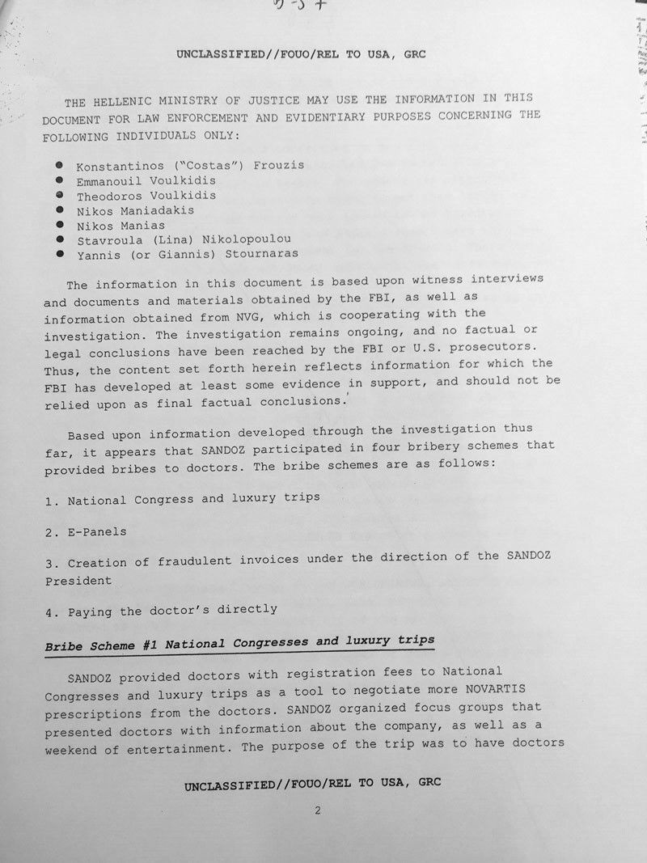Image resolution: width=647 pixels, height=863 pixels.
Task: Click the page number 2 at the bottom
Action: pos(319,810)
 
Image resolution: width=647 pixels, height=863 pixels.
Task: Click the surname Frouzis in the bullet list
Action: pos(277,165)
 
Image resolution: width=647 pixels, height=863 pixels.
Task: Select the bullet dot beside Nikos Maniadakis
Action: pos(59,209)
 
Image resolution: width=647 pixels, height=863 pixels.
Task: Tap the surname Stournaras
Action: pos(262,253)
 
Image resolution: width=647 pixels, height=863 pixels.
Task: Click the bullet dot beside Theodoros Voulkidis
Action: pos(59,195)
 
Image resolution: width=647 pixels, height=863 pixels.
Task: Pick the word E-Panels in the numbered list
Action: pos(97,531)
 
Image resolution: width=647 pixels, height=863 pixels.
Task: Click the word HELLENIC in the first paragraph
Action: pos(119,102)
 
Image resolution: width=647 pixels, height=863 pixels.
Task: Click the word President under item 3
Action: pos(78,581)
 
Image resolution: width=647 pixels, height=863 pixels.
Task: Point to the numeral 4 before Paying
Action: pos(49,611)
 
